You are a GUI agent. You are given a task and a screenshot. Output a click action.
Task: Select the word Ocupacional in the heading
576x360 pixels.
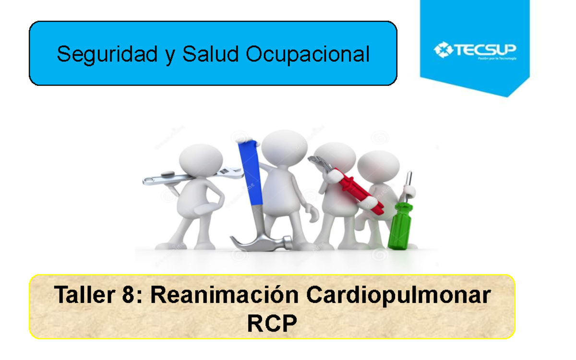pos(308,54)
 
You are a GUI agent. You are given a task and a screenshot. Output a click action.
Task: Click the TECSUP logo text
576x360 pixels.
pos(485,50)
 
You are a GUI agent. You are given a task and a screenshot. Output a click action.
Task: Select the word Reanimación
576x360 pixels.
pos(225,295)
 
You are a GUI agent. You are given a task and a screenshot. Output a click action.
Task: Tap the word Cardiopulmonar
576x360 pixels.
pos(398,295)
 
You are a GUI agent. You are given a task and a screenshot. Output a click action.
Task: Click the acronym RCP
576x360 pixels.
pos(272,324)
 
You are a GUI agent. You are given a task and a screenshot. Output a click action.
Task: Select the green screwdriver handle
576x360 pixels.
pos(400,226)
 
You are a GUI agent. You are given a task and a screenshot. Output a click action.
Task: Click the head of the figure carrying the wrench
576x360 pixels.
pos(201,161)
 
